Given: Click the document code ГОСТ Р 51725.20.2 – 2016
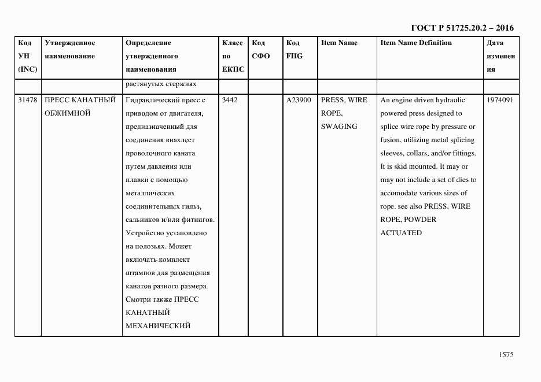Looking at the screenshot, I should pyautogui.click(x=462, y=28).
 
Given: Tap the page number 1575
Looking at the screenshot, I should pyautogui.click(x=506, y=355).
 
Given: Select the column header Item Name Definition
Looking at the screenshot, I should pyautogui.click(x=416, y=43).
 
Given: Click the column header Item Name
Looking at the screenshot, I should pyautogui.click(x=339, y=43).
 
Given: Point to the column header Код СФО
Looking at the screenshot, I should pyautogui.click(x=260, y=50).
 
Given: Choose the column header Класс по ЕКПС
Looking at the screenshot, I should pyautogui.click(x=233, y=56).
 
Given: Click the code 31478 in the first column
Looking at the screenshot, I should pyautogui.click(x=28, y=100).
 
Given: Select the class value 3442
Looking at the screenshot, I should pyautogui.click(x=230, y=100).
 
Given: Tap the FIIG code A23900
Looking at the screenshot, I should pyautogui.click(x=299, y=100).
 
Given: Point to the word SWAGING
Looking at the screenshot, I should pyautogui.click(x=339, y=127).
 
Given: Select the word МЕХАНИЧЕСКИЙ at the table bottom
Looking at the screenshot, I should pyautogui.click(x=158, y=326).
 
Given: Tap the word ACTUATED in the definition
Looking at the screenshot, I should pyautogui.click(x=400, y=233).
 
